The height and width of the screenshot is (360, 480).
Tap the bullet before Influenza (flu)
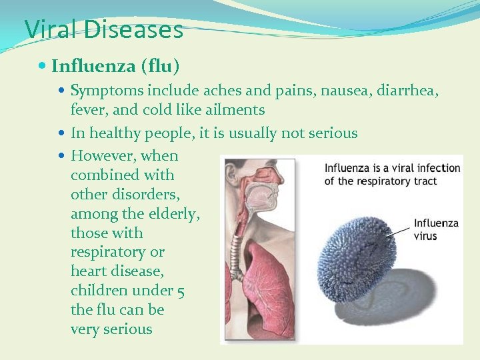[43, 66]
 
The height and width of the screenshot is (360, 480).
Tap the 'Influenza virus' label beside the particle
[435, 229]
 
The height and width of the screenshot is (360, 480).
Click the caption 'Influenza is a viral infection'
[392, 168]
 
